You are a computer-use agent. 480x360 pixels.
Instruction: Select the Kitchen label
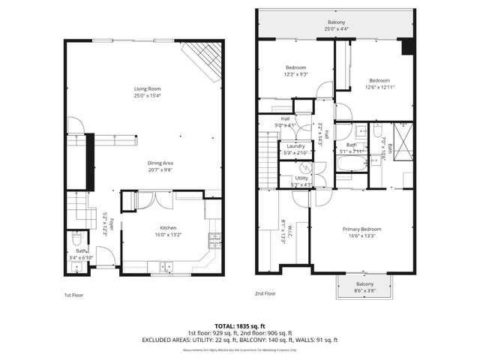click(x=168, y=227)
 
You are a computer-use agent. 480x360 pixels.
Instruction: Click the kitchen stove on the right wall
click(x=216, y=241)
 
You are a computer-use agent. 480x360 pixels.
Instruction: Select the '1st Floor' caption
click(x=73, y=295)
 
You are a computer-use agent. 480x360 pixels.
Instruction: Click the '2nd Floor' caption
click(x=265, y=294)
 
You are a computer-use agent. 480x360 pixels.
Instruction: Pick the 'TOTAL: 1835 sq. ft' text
click(x=240, y=326)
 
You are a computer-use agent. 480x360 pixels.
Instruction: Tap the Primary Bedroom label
click(x=362, y=229)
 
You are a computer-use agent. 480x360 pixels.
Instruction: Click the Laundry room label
click(x=295, y=146)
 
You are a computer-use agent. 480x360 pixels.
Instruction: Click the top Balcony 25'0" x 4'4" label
click(x=337, y=23)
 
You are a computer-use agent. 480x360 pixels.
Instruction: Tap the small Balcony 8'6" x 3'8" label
click(x=364, y=284)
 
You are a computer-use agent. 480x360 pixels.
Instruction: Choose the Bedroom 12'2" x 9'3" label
click(x=295, y=67)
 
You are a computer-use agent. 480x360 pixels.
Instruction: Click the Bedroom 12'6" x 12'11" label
click(x=379, y=80)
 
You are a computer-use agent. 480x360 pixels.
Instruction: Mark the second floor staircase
click(x=268, y=157)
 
